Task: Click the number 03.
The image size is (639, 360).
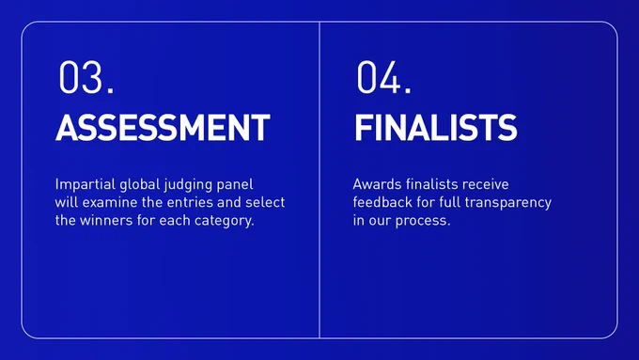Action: click(x=86, y=77)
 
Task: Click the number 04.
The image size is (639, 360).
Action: click(x=384, y=77)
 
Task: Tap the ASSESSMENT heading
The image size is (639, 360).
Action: click(x=163, y=128)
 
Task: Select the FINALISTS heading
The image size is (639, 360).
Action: click(x=436, y=128)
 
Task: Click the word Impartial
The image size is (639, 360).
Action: click(x=86, y=184)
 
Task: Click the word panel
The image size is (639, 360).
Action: click(x=235, y=185)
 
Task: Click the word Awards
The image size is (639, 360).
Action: click(x=378, y=184)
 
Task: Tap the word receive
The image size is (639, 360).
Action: click(x=486, y=184)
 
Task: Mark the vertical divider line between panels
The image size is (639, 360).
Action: click(x=319, y=180)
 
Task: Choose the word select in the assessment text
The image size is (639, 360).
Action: click(x=265, y=202)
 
